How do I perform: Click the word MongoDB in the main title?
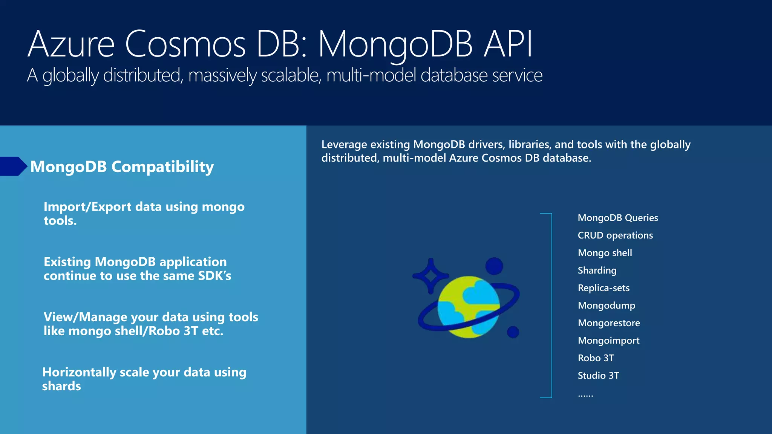click(395, 44)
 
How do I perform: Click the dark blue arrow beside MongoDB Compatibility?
click(13, 166)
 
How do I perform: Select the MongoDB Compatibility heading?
click(122, 167)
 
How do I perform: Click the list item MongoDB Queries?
click(617, 218)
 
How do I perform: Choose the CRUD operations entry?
click(615, 235)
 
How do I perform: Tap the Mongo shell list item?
click(605, 253)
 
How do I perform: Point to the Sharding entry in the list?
click(597, 270)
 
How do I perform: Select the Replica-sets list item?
click(603, 288)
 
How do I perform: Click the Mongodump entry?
click(606, 306)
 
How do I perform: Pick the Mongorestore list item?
click(608, 323)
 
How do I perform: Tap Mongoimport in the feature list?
click(608, 341)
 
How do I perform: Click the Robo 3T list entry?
click(596, 358)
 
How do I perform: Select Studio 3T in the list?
click(598, 376)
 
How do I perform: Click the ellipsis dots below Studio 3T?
click(585, 395)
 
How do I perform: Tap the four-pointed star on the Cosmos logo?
click(430, 276)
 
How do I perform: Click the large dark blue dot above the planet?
click(494, 266)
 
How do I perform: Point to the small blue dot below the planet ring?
click(513, 332)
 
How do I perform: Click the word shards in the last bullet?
click(61, 386)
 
